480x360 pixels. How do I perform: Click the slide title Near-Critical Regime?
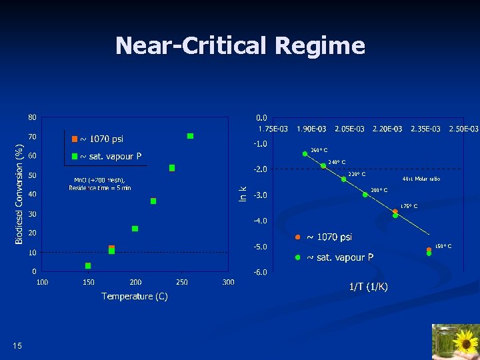pos(240,46)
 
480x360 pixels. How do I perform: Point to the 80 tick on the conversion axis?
pos(32,117)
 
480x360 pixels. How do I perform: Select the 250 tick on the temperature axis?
pos(182,282)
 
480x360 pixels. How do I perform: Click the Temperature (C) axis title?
pos(134,296)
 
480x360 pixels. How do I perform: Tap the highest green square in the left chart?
pos(190,136)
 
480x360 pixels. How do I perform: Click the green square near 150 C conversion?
pos(88,266)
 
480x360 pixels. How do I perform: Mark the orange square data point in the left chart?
pos(111,248)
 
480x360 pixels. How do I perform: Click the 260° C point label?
pos(319,150)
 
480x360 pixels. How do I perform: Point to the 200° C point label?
pos(379,190)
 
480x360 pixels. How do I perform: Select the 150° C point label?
pos(443,246)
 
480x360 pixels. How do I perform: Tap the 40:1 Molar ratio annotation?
pos(421,179)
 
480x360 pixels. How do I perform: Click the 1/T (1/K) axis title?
pos(369,287)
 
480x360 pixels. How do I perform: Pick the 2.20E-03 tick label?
pos(387,128)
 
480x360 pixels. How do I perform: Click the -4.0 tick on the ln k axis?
pos(259,221)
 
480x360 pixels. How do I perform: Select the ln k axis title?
pos(244,193)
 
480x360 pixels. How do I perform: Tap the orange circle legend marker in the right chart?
pos(297,237)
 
